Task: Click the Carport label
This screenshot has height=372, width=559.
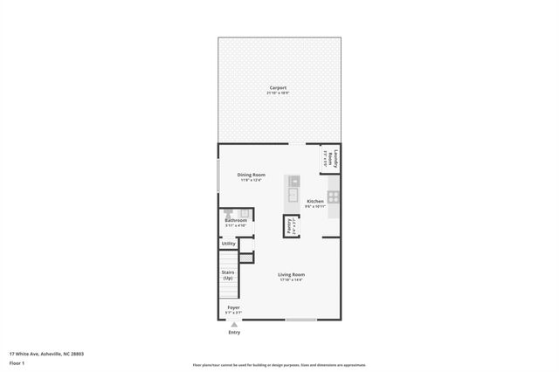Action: coord(278,88)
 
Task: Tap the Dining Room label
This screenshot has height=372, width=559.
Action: coord(251,175)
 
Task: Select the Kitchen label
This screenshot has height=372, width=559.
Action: coord(315,201)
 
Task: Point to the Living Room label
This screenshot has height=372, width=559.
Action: coord(291,274)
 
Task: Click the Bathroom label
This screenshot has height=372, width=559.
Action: coord(236,220)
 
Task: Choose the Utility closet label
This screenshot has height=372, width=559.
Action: coord(228,244)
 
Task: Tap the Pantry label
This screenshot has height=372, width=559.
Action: coord(288,225)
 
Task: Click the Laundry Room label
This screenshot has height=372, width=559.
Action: coord(331,159)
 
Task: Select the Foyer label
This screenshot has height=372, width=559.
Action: coord(233,307)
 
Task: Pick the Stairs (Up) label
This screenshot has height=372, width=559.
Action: coord(227,274)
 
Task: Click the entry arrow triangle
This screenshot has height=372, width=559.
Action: coord(233,324)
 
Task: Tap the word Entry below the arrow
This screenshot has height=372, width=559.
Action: coord(234,333)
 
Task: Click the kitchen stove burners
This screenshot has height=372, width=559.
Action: coord(333,196)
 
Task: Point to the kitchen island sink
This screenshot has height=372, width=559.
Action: coord(294,194)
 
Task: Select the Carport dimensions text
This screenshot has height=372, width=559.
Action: coord(278,93)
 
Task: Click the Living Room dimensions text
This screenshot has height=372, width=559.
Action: coord(291,279)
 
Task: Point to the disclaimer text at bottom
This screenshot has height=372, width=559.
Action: coord(279,365)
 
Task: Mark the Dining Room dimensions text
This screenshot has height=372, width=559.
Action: coord(251,180)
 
